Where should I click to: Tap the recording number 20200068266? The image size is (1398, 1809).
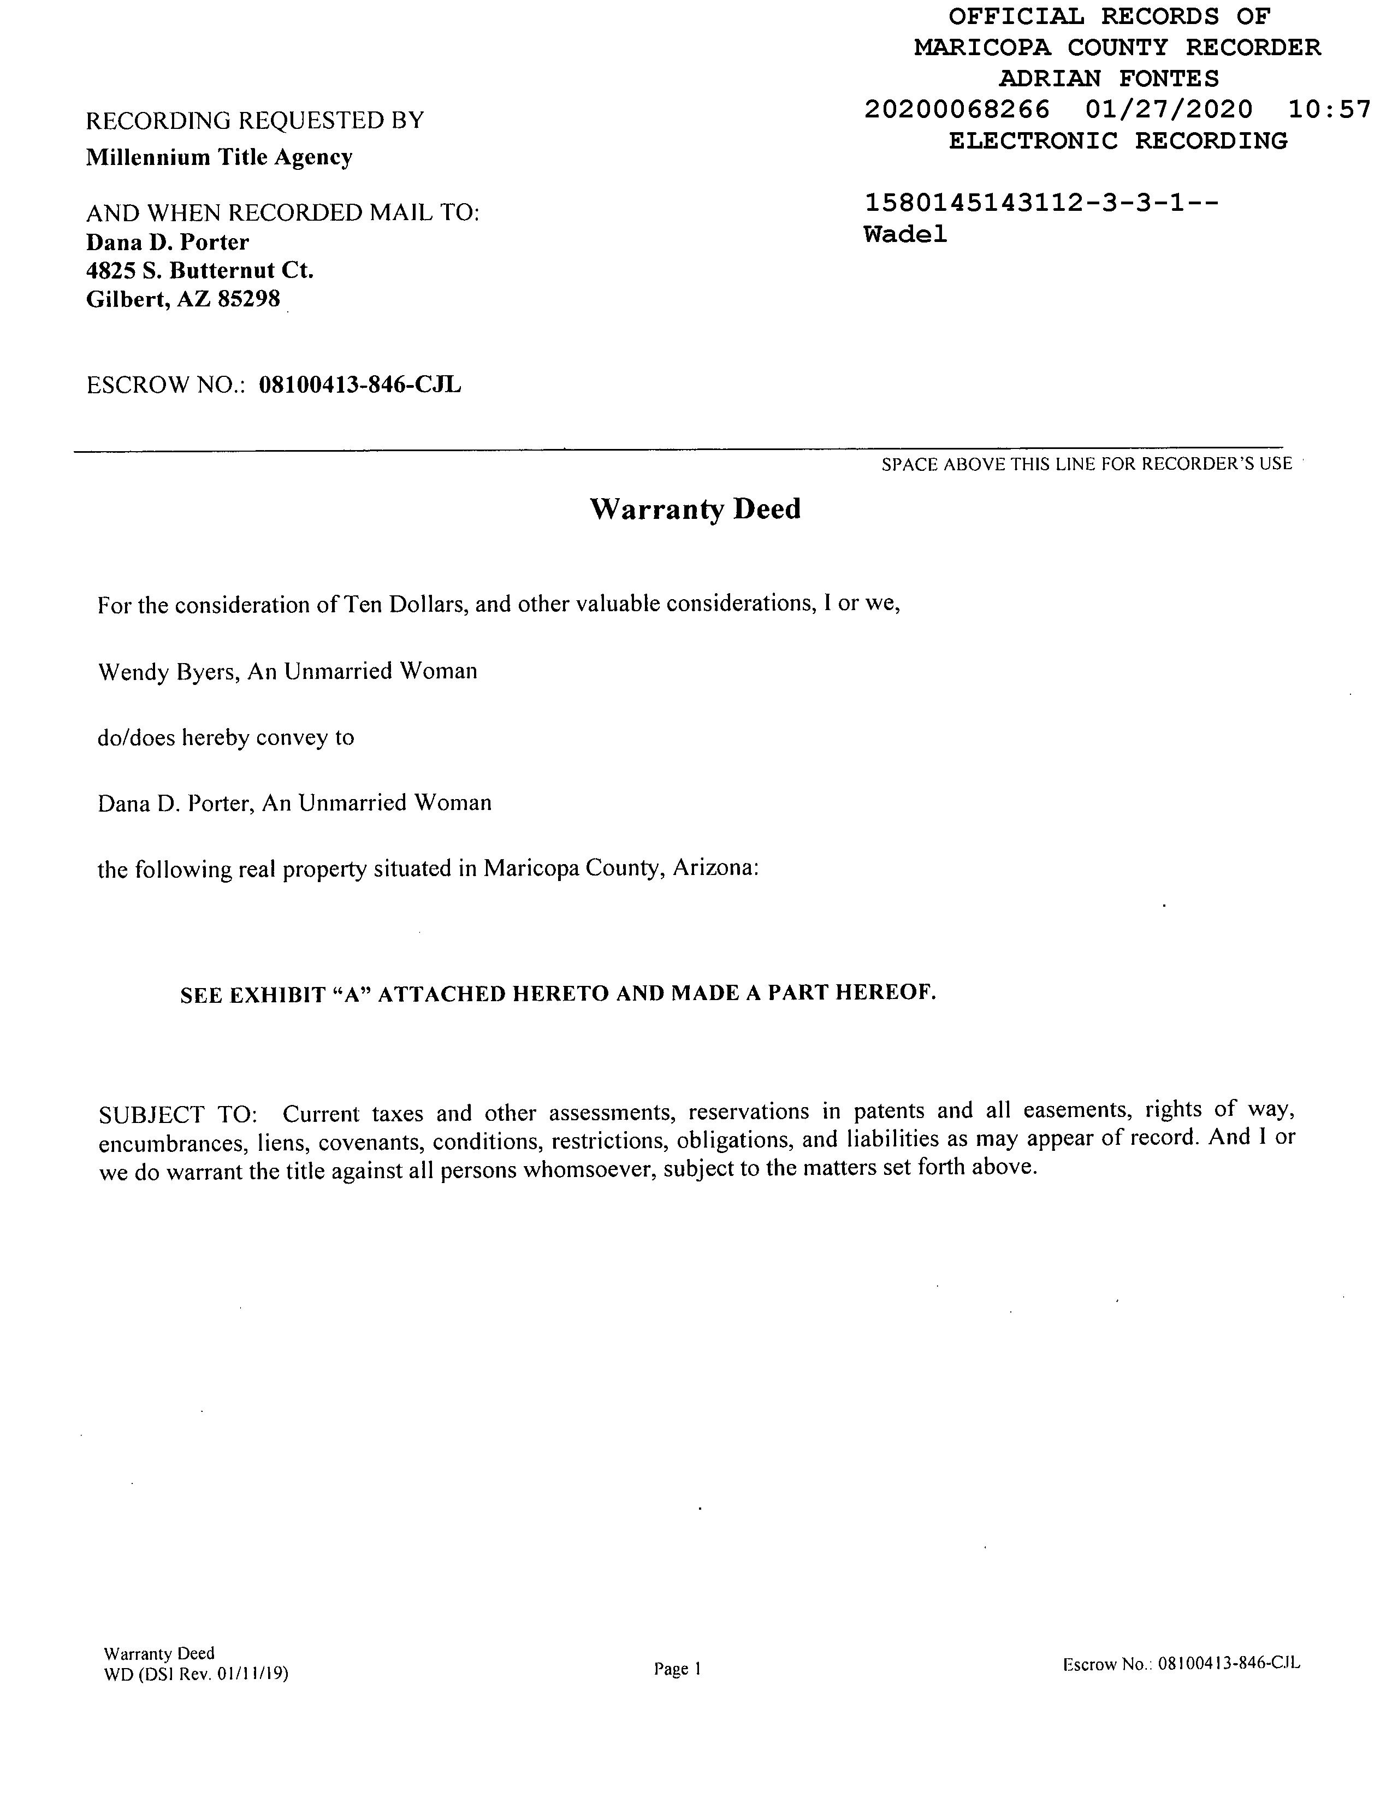point(957,109)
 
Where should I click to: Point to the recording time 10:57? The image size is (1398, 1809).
point(1329,109)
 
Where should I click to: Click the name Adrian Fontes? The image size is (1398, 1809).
point(1109,79)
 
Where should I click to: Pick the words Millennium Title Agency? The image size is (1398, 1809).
point(220,157)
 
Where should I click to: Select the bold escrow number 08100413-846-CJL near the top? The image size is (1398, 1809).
point(360,385)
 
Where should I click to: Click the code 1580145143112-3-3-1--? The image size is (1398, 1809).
point(1041,203)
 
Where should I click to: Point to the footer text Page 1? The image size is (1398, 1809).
point(678,1669)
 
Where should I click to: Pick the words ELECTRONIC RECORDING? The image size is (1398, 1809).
point(1117,141)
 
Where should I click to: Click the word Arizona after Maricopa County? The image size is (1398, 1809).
point(715,868)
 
